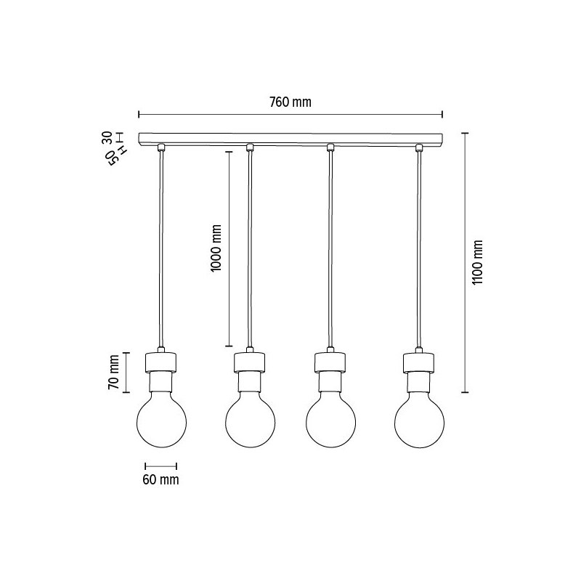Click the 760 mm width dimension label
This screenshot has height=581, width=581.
point(290,102)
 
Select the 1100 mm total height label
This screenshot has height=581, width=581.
point(477,262)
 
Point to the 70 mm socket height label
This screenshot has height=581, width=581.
point(113,373)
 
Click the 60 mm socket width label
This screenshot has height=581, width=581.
point(161,480)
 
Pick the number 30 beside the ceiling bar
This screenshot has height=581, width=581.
point(107,137)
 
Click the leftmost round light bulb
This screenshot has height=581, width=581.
point(161,423)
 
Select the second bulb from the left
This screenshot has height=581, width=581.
point(250,423)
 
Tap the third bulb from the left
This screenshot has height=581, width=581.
point(330,423)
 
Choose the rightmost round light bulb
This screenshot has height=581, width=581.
point(419,423)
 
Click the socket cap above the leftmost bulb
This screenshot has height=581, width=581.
point(161,360)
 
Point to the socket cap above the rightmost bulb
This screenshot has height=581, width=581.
point(419,360)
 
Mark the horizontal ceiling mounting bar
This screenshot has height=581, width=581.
point(290,137)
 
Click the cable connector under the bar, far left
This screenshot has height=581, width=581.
point(161,148)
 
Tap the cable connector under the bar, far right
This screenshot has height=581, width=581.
point(419,148)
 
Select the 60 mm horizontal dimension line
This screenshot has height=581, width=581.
point(161,466)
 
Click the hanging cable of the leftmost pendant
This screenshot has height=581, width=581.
point(161,247)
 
